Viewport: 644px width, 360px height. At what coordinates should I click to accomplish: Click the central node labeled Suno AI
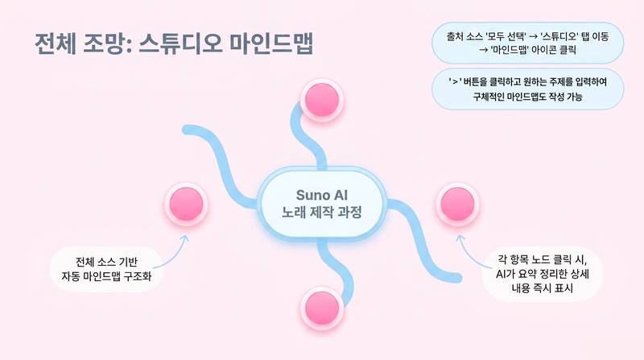pyautogui.click(x=321, y=203)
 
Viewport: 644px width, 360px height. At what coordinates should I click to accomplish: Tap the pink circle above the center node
pyautogui.click(x=322, y=101)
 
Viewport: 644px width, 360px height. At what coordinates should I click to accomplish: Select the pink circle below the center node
pyautogui.click(x=322, y=308)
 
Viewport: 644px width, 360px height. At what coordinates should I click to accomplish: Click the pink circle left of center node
pyautogui.click(x=187, y=205)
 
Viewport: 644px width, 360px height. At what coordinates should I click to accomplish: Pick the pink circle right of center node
pyautogui.click(x=457, y=205)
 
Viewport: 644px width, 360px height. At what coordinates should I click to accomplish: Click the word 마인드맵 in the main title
pyautogui.click(x=270, y=43)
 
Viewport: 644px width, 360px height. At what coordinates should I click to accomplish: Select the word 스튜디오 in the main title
pyautogui.click(x=180, y=43)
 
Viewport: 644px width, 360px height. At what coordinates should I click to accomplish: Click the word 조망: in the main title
pyautogui.click(x=107, y=43)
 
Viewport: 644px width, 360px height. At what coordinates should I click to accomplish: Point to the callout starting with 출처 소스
pyautogui.click(x=528, y=43)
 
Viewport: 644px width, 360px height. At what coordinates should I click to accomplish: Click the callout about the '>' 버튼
pyautogui.click(x=528, y=89)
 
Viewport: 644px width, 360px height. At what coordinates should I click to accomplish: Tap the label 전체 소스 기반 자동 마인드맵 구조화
pyautogui.click(x=107, y=269)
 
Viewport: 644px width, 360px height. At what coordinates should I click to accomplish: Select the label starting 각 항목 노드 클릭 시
pyautogui.click(x=542, y=274)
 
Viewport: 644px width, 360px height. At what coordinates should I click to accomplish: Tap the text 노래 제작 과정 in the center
pyautogui.click(x=321, y=212)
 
